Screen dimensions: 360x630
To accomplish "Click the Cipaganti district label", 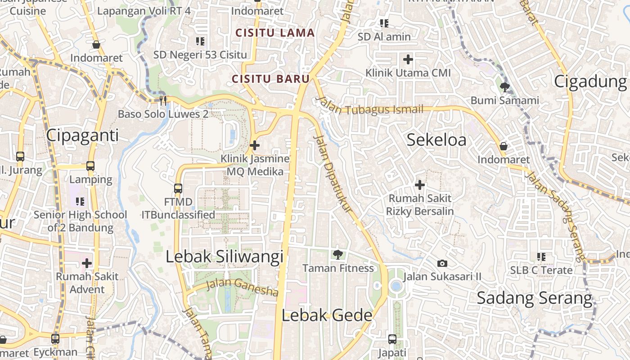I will [82, 135].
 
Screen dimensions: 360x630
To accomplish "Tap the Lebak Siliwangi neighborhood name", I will [225, 256].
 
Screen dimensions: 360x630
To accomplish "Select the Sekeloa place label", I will [436, 140].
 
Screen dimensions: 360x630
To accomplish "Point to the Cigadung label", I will [590, 81].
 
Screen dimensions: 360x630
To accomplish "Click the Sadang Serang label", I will [535, 298].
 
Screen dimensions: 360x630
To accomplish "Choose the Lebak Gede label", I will [327, 315].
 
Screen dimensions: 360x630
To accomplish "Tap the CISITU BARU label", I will [270, 79].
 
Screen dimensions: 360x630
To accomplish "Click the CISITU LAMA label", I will [275, 33].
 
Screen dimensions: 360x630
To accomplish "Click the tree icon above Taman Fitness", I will [337, 255].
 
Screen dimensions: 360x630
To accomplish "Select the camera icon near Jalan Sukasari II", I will [442, 263].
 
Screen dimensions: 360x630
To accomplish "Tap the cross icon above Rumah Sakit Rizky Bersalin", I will [420, 184].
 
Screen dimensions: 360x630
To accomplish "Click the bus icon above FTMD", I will [178, 188].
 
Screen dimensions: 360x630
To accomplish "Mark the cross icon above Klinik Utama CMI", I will [408, 59].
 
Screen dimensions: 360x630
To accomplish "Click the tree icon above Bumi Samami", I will [505, 87].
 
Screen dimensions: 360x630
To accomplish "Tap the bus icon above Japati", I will [392, 339].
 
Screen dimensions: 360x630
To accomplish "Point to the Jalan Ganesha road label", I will [242, 288].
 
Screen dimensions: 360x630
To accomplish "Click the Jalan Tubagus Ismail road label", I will [370, 106].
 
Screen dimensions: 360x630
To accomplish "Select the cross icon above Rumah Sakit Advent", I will [87, 263].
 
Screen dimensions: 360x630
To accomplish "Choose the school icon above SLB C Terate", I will [541, 257].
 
